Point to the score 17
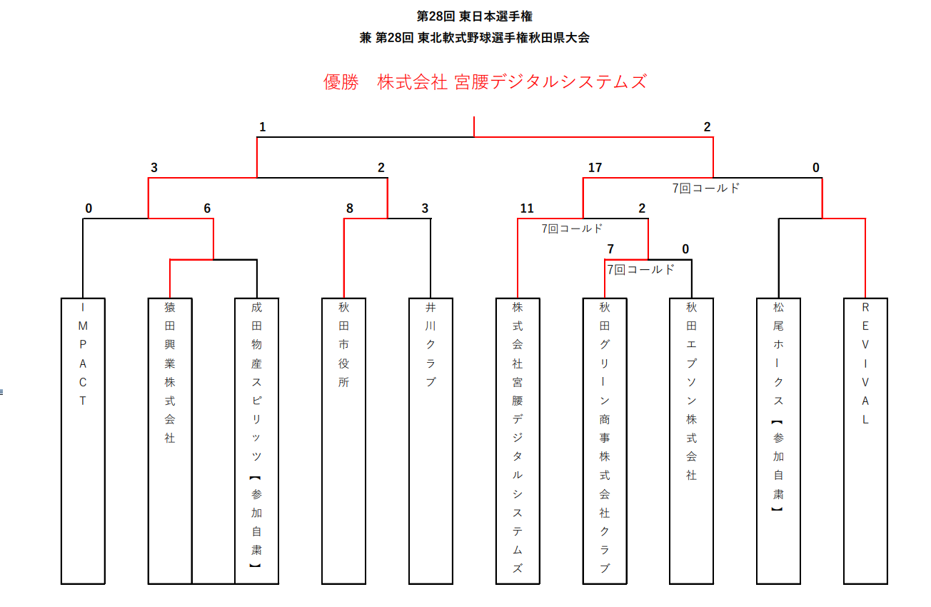595,168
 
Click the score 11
527,209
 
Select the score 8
350,209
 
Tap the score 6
207,209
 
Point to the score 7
610,249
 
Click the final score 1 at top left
262,127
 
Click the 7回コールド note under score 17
706,189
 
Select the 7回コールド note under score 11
572,229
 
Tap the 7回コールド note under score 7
640,270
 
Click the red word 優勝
341,82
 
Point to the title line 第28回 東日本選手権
474,16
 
